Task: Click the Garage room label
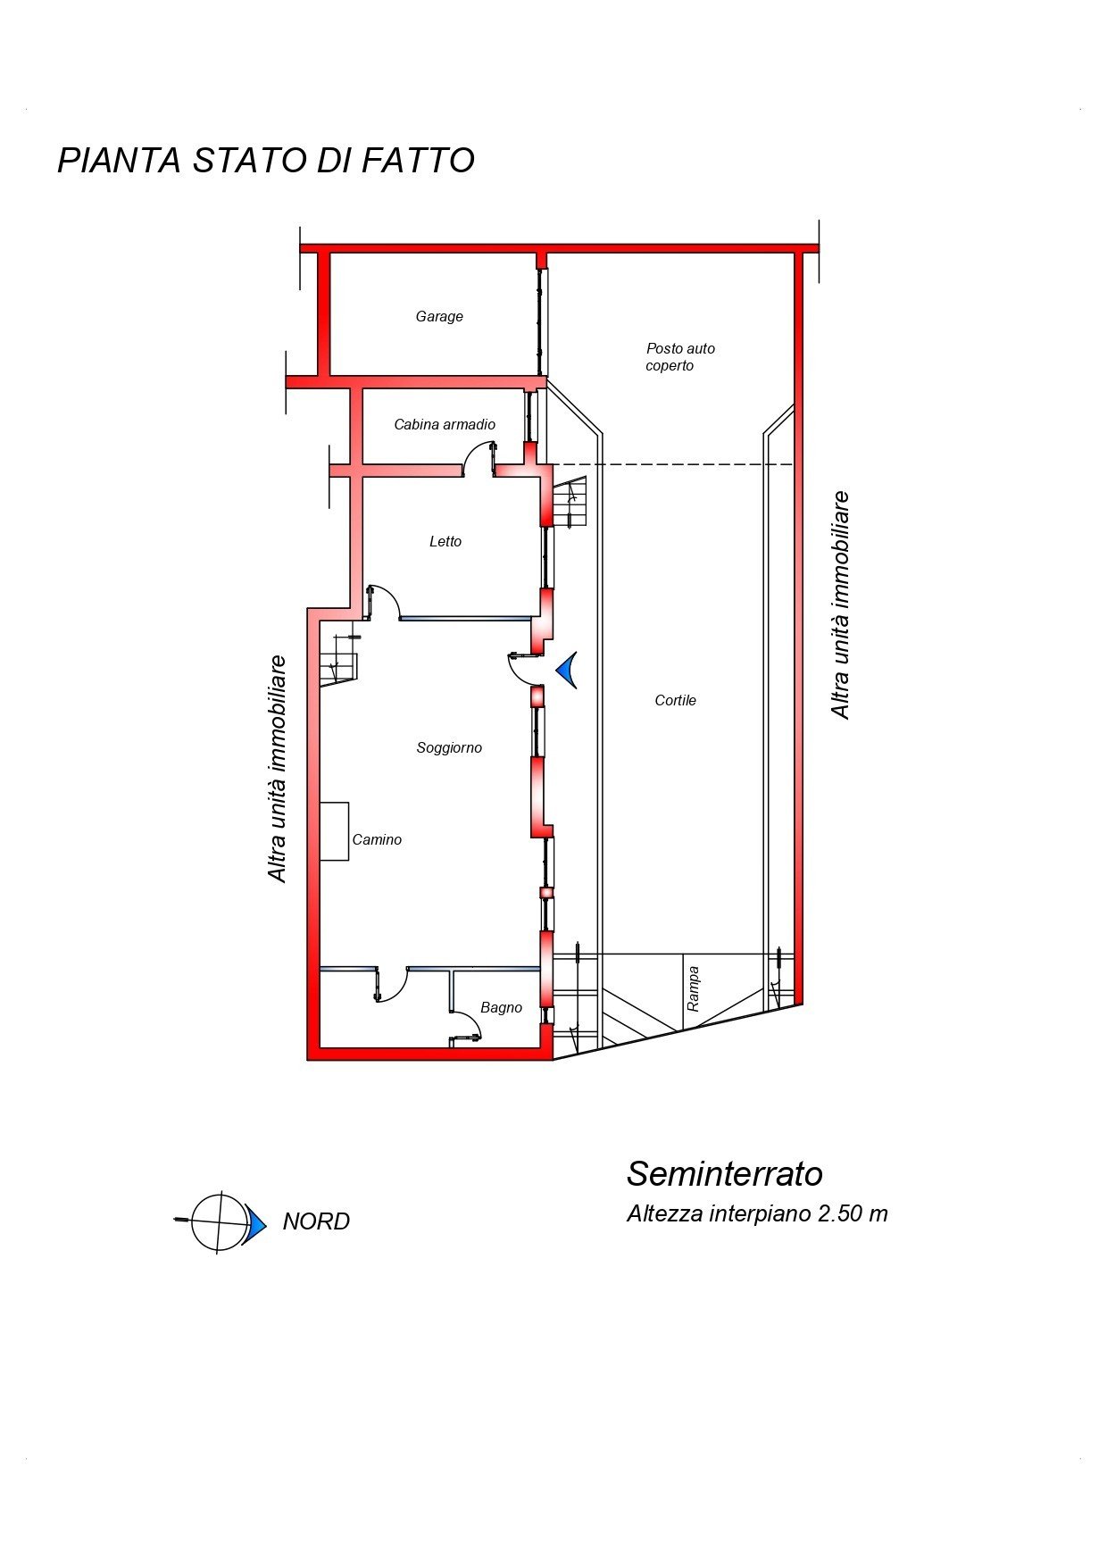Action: click(439, 316)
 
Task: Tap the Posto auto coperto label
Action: click(680, 357)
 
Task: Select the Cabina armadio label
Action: click(445, 424)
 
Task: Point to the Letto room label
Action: click(445, 541)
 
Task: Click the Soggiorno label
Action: click(449, 748)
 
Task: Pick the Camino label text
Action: click(377, 839)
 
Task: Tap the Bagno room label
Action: click(501, 1007)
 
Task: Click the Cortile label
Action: click(675, 700)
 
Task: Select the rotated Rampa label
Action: click(693, 988)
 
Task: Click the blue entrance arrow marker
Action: click(566, 670)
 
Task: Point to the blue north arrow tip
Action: click(266, 1223)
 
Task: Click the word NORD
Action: click(316, 1221)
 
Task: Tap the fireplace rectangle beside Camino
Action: click(334, 831)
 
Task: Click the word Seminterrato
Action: click(724, 1173)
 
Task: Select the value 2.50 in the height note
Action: click(841, 1213)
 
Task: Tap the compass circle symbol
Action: click(219, 1221)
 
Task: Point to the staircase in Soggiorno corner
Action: click(338, 661)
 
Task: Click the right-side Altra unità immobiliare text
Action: click(839, 604)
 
